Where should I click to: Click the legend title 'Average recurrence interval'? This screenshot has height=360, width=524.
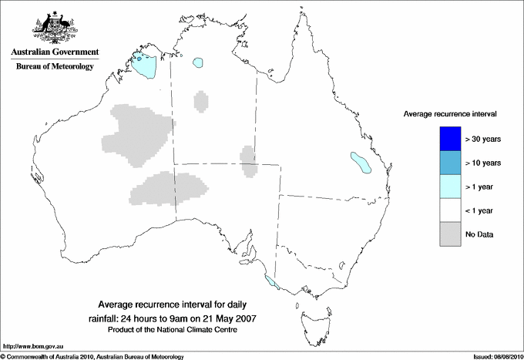coord(450,113)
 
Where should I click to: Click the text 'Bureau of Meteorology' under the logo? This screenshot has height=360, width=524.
coord(55,67)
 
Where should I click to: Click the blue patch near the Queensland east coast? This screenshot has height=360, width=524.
coord(359,162)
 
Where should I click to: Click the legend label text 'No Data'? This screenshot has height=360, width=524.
coord(479,234)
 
